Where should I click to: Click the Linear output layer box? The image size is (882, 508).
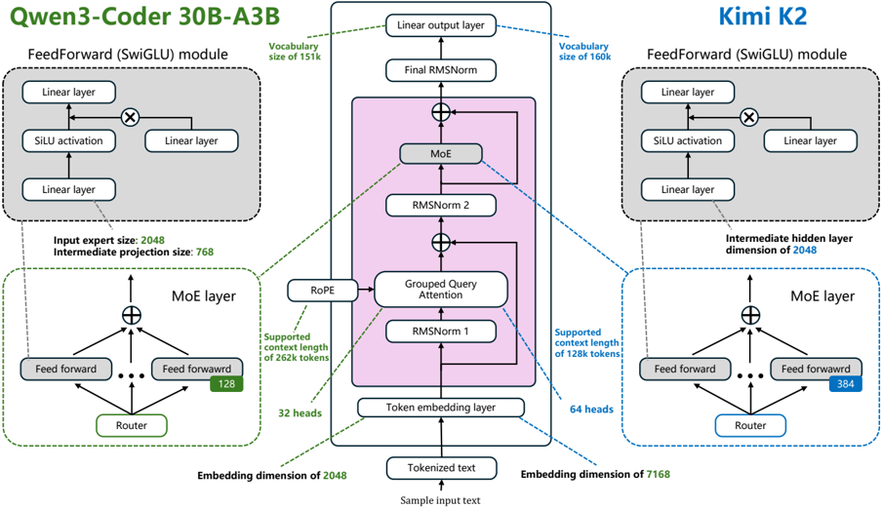coord(440,25)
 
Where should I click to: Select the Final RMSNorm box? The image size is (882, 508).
coord(440,70)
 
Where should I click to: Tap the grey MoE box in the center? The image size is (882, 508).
coord(440,153)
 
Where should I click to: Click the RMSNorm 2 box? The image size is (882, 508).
coord(440,205)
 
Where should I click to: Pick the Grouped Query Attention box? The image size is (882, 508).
coord(440,290)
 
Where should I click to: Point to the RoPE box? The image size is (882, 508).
coord(322,290)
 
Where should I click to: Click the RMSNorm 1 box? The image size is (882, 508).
coord(440,332)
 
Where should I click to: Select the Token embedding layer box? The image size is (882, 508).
coord(440,408)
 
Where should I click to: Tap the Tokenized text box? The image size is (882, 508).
coord(441,468)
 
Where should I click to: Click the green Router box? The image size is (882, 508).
coord(132,425)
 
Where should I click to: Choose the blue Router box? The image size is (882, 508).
coord(750,425)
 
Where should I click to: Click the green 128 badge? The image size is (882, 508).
coord(226,384)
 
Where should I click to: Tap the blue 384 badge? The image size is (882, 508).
coord(846,384)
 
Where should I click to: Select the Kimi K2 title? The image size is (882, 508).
coord(763,17)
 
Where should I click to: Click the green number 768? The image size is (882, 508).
coord(205,252)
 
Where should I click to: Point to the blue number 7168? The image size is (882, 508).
coord(659,474)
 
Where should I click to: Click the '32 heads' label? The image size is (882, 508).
coord(300,413)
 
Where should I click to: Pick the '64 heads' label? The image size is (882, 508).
coord(591,410)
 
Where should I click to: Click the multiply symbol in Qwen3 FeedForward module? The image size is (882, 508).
coord(130,117)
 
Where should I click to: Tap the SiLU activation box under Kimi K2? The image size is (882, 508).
coord(688,141)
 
